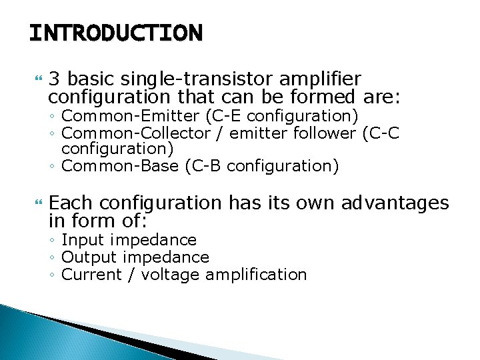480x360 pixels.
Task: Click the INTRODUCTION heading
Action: tap(115, 33)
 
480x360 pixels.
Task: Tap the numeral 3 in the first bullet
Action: tap(56, 79)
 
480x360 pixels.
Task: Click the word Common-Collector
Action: tap(135, 133)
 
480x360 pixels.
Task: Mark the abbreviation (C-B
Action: tap(203, 165)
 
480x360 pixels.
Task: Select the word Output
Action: tap(89, 257)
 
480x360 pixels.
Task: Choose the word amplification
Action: tap(256, 275)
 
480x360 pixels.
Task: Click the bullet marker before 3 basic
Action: tap(37, 79)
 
